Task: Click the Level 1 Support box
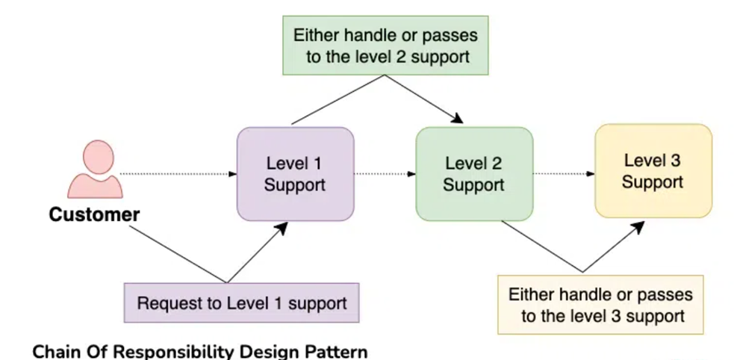pos(296,174)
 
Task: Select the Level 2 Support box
pos(474,174)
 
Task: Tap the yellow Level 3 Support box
pos(653,171)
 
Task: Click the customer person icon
pos(95,169)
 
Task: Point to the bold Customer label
pos(94,215)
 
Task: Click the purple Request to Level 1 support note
pos(241,303)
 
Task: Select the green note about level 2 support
pos(385,46)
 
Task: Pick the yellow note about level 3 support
pos(600,305)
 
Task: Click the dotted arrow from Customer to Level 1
pos(178,174)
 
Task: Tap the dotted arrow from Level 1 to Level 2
pos(385,174)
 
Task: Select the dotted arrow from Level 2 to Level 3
pos(564,174)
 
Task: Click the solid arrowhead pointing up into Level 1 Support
pos(281,228)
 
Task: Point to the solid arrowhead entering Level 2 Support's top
pos(456,118)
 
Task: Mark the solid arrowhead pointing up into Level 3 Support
pos(638,227)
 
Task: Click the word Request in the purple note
pos(167,303)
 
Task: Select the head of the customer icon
pos(99,157)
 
